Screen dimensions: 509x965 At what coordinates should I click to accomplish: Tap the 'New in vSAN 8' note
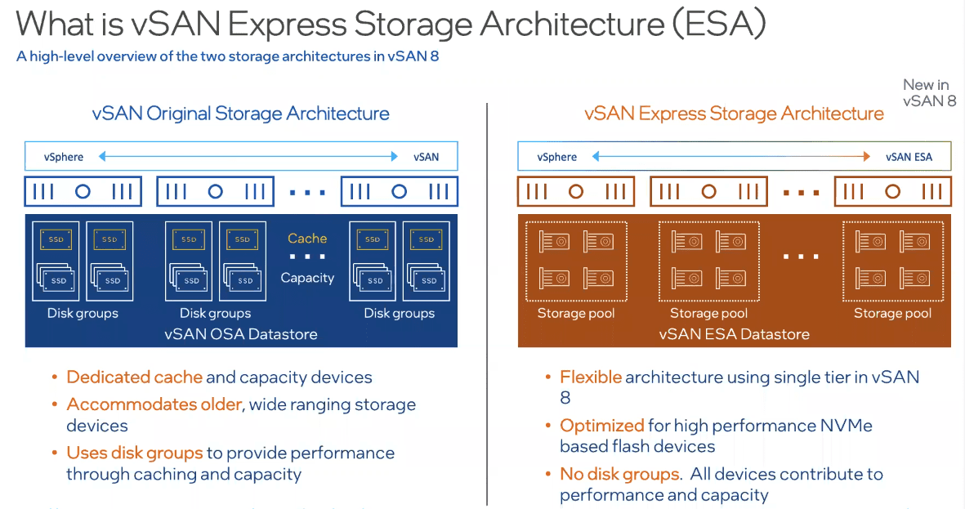click(929, 92)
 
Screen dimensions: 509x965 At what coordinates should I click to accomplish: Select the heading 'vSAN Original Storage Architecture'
click(241, 114)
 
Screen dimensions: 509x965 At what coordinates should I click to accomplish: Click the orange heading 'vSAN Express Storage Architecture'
click(734, 114)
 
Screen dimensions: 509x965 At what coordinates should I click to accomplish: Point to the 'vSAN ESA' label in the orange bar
click(909, 157)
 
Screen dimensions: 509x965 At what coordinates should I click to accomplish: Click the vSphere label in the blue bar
click(65, 157)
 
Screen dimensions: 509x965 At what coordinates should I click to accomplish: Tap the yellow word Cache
click(307, 239)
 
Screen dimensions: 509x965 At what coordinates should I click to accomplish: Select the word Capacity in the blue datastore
click(307, 278)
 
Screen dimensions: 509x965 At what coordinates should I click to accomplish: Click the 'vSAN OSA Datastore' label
click(240, 333)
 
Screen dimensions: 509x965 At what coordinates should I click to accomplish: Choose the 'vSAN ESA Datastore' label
click(734, 333)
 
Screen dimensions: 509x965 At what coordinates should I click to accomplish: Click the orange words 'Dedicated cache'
click(134, 377)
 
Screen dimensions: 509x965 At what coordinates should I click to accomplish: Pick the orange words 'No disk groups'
click(619, 474)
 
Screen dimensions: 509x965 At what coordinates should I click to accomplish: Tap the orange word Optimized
click(602, 426)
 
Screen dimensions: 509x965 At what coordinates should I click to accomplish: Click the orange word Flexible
click(591, 377)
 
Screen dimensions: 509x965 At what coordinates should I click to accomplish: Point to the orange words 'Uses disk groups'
click(134, 453)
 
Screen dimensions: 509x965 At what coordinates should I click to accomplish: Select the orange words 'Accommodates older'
click(154, 404)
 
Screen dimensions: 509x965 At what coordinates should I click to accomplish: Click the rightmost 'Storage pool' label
click(892, 314)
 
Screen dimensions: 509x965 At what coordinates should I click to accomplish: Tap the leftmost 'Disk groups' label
click(83, 314)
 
